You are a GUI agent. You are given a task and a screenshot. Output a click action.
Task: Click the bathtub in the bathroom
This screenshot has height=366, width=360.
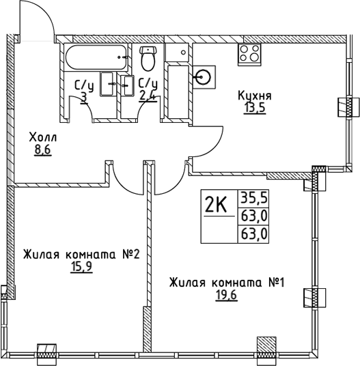97,57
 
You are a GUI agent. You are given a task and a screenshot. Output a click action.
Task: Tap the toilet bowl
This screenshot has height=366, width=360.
148,58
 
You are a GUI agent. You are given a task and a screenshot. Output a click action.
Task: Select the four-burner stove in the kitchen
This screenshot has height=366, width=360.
249,55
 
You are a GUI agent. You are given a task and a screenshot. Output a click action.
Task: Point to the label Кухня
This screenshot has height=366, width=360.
255,96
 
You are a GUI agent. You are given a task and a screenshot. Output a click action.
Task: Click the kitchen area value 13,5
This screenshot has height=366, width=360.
255,108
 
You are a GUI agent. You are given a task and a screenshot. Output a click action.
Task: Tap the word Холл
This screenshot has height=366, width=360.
43,137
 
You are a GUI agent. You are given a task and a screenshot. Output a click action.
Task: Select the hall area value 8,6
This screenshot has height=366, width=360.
43,150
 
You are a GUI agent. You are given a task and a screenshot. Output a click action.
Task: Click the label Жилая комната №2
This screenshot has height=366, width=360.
81,254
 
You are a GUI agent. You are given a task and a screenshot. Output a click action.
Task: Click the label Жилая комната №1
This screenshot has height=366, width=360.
227,283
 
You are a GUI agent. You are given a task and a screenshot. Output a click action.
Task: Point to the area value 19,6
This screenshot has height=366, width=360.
226,295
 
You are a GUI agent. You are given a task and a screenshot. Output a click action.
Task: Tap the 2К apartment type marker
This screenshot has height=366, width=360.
216,204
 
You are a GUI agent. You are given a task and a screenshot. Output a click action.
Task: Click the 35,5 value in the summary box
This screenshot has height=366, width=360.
253,199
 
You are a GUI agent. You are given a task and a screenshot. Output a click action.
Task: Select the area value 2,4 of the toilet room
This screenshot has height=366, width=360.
148,96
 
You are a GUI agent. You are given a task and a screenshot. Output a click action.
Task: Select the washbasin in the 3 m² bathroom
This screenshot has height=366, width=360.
108,84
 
